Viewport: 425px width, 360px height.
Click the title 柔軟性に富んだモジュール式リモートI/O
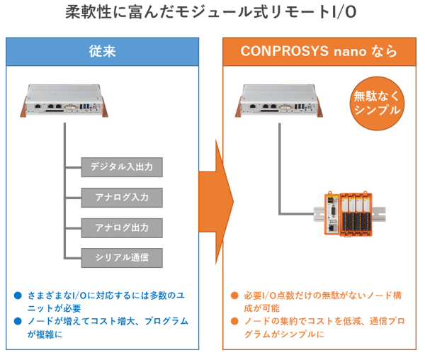coord(211,12)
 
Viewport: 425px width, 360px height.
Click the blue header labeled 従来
coord(103,52)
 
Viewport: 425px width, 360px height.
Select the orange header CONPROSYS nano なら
coord(319,52)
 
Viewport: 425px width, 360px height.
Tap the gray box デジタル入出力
coord(122,167)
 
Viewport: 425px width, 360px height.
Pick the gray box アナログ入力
coord(122,197)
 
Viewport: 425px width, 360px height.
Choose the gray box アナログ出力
coord(122,227)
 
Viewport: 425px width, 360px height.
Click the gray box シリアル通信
coord(122,258)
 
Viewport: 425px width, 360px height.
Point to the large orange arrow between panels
coord(216,202)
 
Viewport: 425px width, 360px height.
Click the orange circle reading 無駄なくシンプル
coord(377,103)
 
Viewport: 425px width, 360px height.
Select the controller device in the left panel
coord(64,101)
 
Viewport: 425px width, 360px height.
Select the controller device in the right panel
coord(279,101)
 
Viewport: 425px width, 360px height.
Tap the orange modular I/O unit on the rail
coord(348,213)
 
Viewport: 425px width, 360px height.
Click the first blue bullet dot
coord(18,296)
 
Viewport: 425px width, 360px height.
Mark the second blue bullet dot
coord(18,321)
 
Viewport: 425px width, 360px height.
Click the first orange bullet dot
coord(234,296)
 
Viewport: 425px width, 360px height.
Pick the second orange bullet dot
coord(234,321)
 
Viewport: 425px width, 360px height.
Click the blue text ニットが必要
coord(55,308)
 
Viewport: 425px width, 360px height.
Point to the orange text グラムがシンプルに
coord(284,334)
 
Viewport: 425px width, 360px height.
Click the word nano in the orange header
coord(350,52)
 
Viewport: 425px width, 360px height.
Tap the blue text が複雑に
coord(45,334)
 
